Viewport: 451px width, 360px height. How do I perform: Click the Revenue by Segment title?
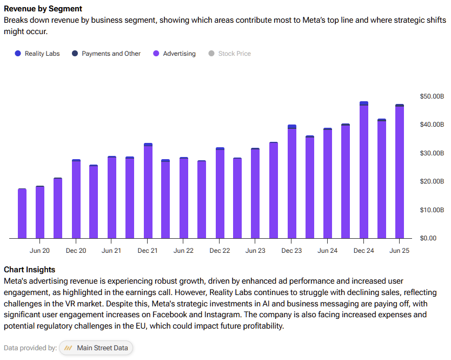tap(43, 9)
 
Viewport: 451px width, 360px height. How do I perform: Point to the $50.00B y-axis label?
tap(432, 96)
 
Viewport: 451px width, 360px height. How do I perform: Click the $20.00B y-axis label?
tap(432, 181)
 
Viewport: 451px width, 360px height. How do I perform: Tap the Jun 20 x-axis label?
tap(39, 251)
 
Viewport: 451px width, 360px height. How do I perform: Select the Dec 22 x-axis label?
tap(220, 251)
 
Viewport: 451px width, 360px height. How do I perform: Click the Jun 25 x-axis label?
tap(400, 251)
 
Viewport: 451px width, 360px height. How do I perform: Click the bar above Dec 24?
tap(364, 170)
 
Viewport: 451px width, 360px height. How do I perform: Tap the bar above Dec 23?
tap(292, 181)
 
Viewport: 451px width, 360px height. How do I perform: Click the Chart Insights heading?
tap(30, 270)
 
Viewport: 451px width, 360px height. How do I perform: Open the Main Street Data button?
tap(96, 348)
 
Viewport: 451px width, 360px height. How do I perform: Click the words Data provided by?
tap(30, 348)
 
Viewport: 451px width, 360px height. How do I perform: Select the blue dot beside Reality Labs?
tap(18, 54)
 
